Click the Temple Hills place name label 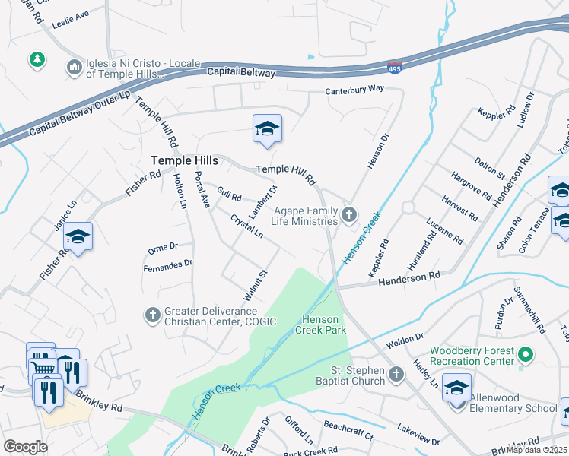[185, 160]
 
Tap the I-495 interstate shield [394, 68]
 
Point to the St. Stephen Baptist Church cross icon [396, 374]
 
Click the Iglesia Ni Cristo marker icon [74, 68]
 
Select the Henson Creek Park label [324, 325]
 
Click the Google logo [25, 447]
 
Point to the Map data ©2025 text [536, 450]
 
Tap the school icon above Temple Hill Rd [267, 129]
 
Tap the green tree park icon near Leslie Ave [35, 59]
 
